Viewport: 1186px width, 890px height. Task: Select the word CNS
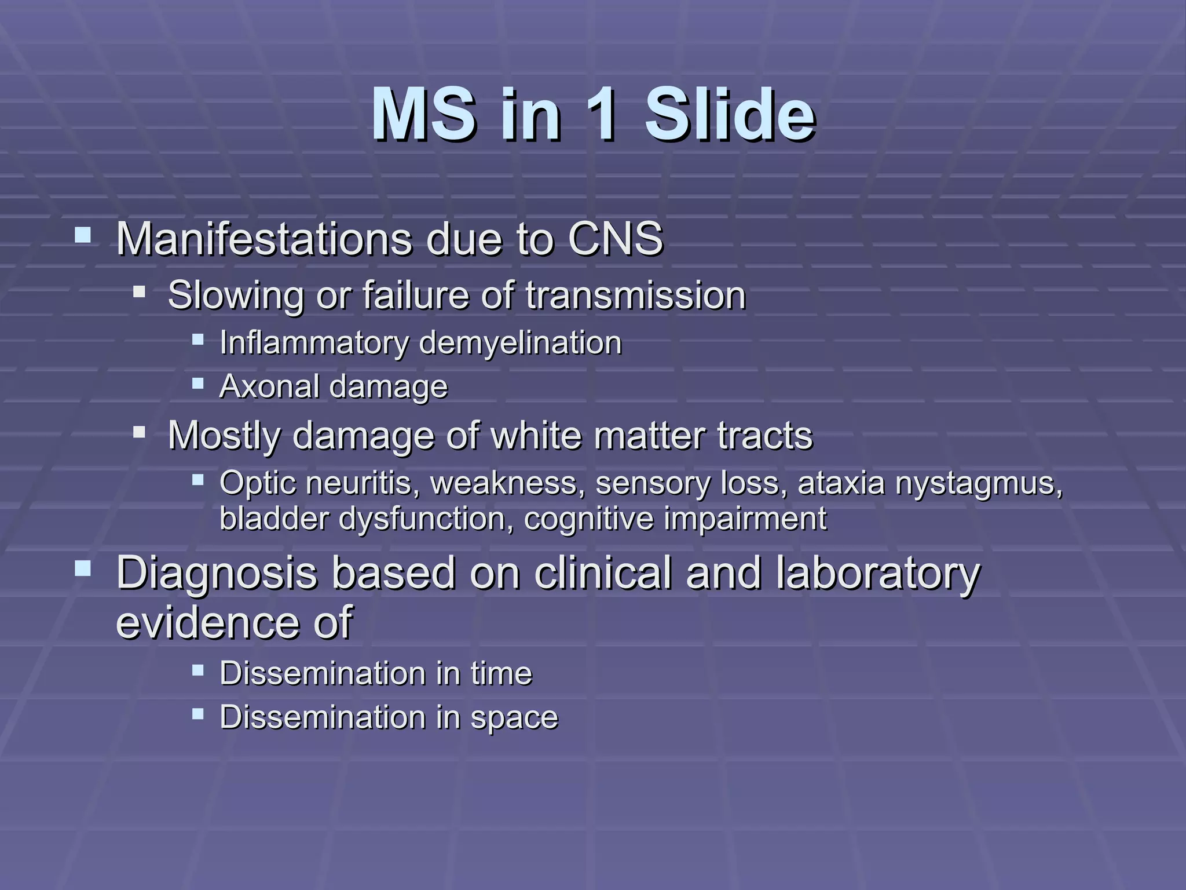click(x=615, y=239)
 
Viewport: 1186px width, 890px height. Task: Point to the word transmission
click(x=635, y=296)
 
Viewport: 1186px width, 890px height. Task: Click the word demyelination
click(x=519, y=343)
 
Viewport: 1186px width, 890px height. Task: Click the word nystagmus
click(x=979, y=484)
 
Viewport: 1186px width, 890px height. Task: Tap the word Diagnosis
click(x=217, y=574)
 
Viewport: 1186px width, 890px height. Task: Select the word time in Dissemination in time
click(x=501, y=674)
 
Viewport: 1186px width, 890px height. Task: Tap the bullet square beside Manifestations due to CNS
click(x=83, y=235)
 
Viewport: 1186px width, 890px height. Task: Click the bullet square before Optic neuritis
click(x=198, y=479)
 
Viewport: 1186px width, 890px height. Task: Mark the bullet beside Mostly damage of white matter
click(x=139, y=431)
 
